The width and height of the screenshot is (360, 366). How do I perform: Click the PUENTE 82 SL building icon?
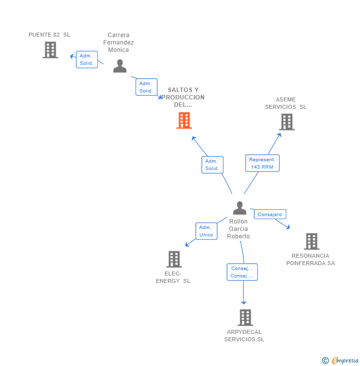50,50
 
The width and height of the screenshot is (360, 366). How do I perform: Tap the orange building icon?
184,120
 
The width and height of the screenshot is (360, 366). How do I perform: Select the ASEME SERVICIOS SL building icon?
287,122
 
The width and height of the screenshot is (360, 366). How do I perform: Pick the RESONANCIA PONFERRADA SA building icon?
311,241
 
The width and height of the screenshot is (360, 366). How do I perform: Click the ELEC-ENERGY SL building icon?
174,259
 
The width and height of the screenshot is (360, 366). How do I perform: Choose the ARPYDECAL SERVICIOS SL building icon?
245,318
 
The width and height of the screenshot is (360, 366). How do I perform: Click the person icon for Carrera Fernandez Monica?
120,66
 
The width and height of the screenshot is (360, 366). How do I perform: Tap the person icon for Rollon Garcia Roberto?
239,208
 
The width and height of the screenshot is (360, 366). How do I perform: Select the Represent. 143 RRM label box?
262,163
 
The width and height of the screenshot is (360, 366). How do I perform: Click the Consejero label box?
270,215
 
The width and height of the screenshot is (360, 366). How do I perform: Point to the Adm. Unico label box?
206,231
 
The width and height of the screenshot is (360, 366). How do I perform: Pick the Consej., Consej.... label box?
242,272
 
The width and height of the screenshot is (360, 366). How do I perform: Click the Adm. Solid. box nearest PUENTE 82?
87,59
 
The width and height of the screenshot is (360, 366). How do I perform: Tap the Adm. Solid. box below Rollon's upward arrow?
212,165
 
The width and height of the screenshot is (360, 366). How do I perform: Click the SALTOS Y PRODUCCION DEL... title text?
183,97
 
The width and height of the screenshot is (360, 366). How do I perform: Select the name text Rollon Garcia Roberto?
238,229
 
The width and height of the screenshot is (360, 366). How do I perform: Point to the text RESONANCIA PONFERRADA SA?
311,259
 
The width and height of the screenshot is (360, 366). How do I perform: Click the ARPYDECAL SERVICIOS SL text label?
244,335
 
